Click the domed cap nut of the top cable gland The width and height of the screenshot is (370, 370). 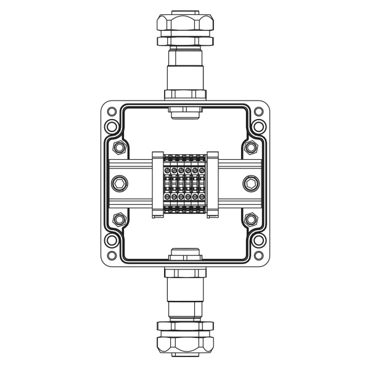[x=185, y=25]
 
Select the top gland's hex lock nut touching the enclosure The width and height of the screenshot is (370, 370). [x=185, y=94]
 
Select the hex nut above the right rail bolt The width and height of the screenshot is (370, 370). [x=250, y=147]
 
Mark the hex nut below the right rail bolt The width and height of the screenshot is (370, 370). [x=250, y=219]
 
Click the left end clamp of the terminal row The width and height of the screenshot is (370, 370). [x=157, y=184]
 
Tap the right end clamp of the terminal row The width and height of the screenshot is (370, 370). [x=213, y=184]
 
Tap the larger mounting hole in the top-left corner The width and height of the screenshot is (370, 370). [x=112, y=128]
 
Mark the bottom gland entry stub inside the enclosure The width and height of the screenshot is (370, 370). [x=185, y=253]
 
